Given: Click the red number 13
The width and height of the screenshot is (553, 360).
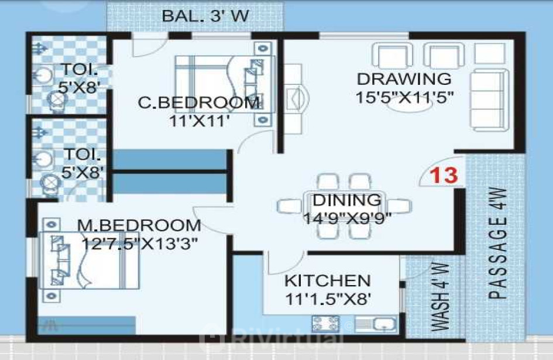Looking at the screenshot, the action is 444,176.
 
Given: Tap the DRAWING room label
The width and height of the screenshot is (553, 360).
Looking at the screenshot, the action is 404,78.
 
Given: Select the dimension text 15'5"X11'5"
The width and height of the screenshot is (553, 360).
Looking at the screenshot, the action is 404,97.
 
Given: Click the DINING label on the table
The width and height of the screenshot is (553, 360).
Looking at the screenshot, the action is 347,200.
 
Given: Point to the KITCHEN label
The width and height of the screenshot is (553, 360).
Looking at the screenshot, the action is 328,281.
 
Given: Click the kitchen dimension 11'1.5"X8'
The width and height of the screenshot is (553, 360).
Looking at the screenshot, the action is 328,299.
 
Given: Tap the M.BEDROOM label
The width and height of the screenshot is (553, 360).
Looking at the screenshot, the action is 139,225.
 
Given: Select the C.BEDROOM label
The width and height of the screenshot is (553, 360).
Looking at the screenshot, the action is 199,102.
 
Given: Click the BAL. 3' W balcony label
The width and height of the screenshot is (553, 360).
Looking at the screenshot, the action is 205,16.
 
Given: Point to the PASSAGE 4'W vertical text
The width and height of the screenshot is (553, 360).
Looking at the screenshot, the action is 497,244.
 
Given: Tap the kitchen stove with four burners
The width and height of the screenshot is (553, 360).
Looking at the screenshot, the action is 325,324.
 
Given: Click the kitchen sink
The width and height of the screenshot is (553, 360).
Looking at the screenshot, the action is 376,324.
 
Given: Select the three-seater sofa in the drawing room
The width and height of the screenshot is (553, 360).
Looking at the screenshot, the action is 490,100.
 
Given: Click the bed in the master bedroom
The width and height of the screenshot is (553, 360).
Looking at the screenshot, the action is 90,260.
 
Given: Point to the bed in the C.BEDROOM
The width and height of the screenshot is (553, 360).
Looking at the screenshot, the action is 225,84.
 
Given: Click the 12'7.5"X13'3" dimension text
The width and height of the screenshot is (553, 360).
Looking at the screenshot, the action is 139,244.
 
